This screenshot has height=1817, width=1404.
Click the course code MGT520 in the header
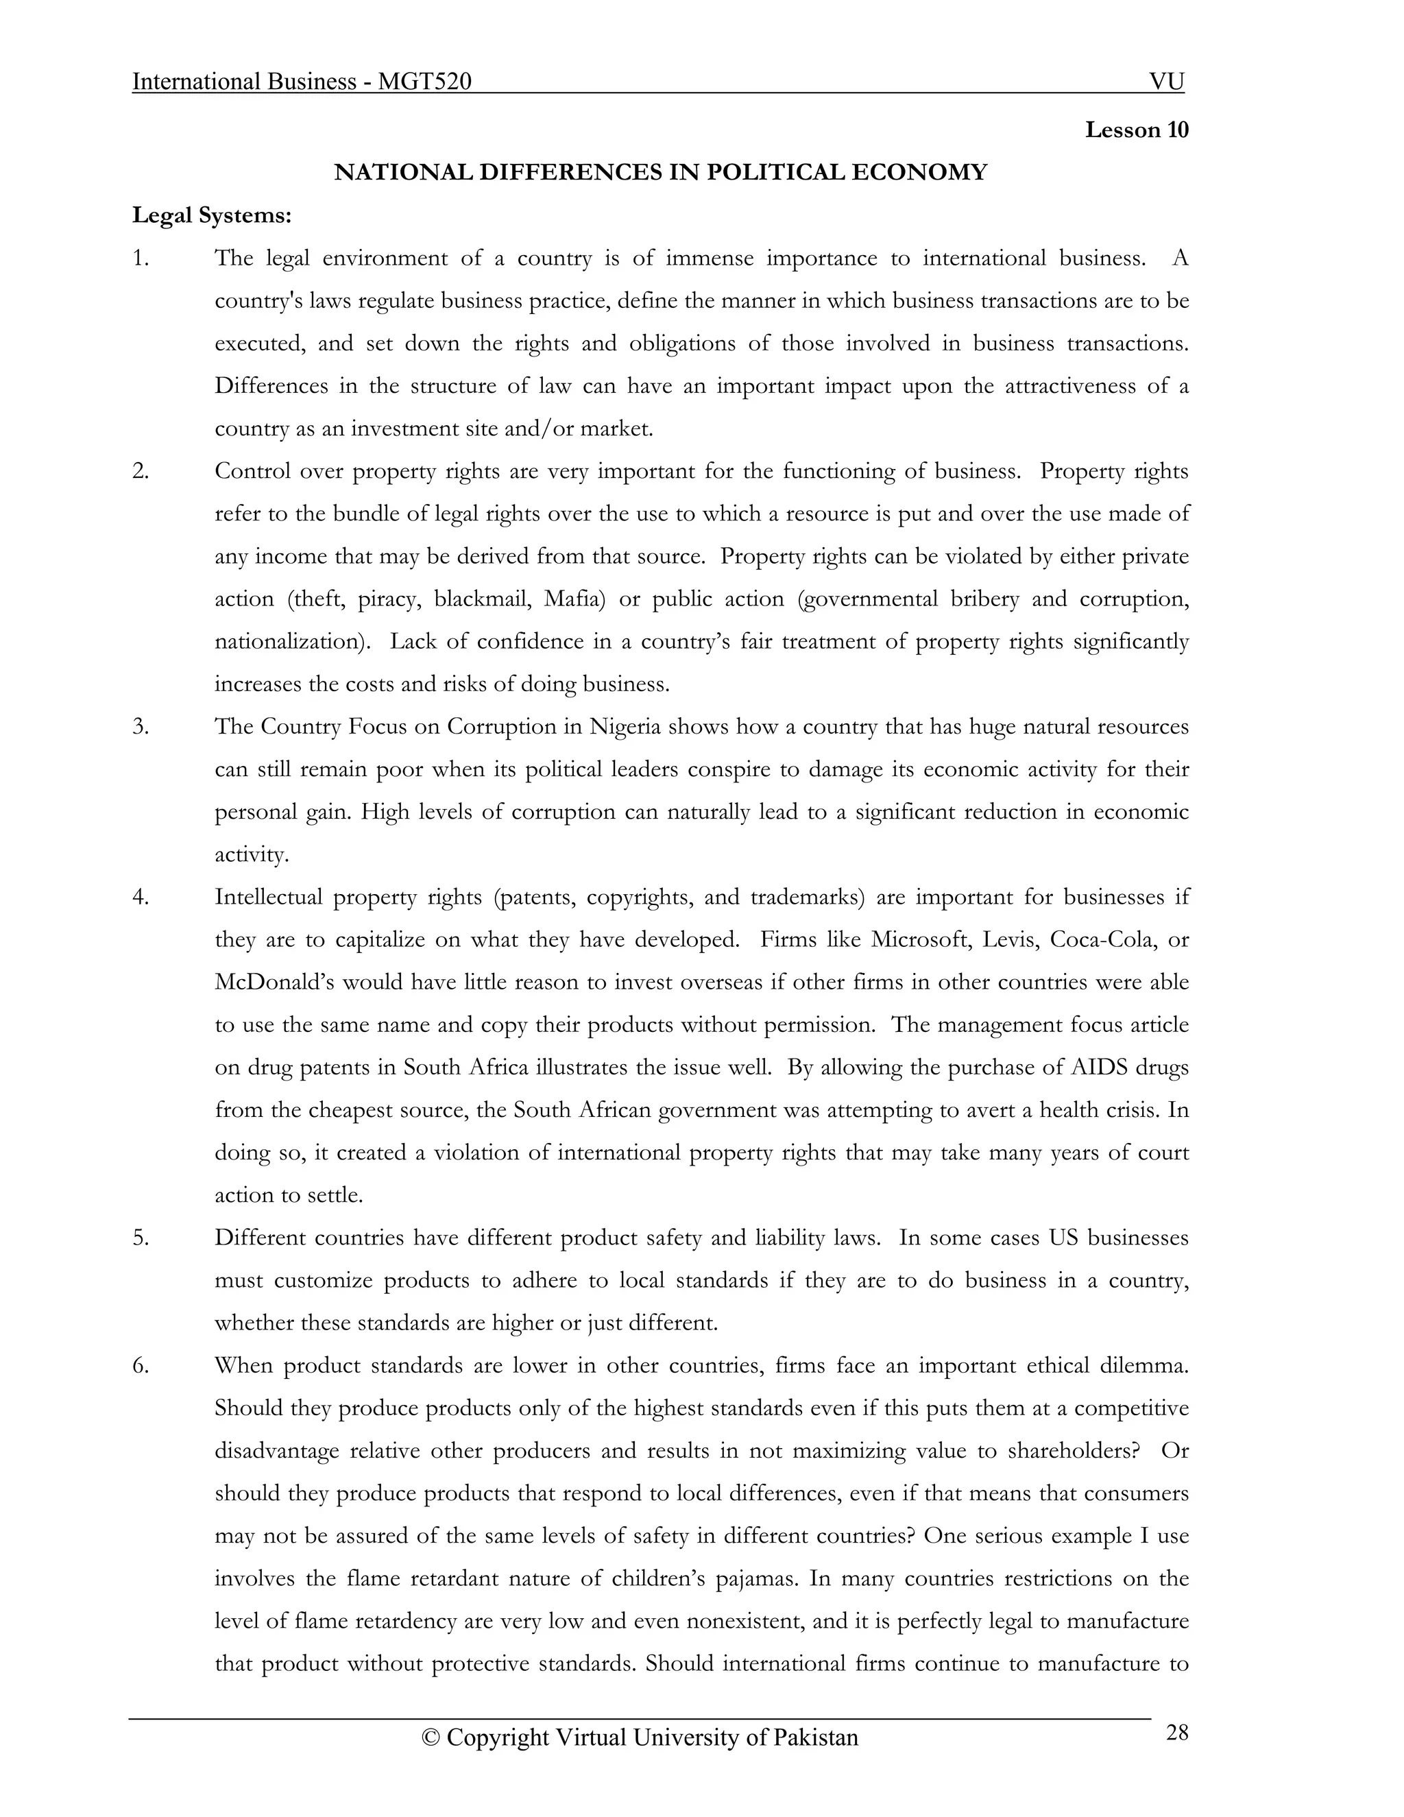pyautogui.click(x=424, y=82)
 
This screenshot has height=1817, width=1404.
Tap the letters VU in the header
pyautogui.click(x=1166, y=82)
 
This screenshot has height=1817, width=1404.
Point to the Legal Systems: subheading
pyautogui.click(x=212, y=215)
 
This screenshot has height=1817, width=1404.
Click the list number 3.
pyautogui.click(x=140, y=726)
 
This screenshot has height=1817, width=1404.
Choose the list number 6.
pyautogui.click(x=140, y=1365)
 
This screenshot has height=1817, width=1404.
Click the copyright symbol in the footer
pyautogui.click(x=430, y=1738)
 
